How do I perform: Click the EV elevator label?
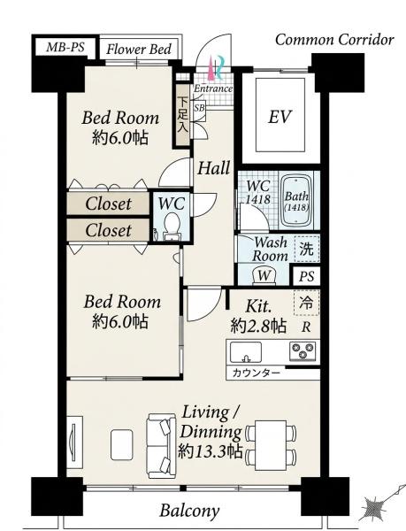click(280, 117)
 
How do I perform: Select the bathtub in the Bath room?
click(296, 202)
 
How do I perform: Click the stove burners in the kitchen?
click(303, 350)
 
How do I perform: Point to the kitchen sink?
click(246, 352)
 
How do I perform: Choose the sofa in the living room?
click(161, 446)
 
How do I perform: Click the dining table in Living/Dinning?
click(271, 440)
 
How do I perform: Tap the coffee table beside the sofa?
click(122, 444)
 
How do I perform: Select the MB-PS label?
click(65, 47)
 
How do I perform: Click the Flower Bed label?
click(139, 50)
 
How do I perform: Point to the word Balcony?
click(189, 511)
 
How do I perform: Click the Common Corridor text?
click(334, 40)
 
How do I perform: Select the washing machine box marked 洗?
click(307, 249)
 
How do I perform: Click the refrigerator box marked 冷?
click(307, 303)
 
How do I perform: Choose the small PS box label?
click(307, 276)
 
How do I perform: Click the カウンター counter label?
click(257, 373)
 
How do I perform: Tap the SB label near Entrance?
click(199, 108)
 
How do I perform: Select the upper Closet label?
click(108, 204)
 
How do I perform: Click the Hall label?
click(214, 168)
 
